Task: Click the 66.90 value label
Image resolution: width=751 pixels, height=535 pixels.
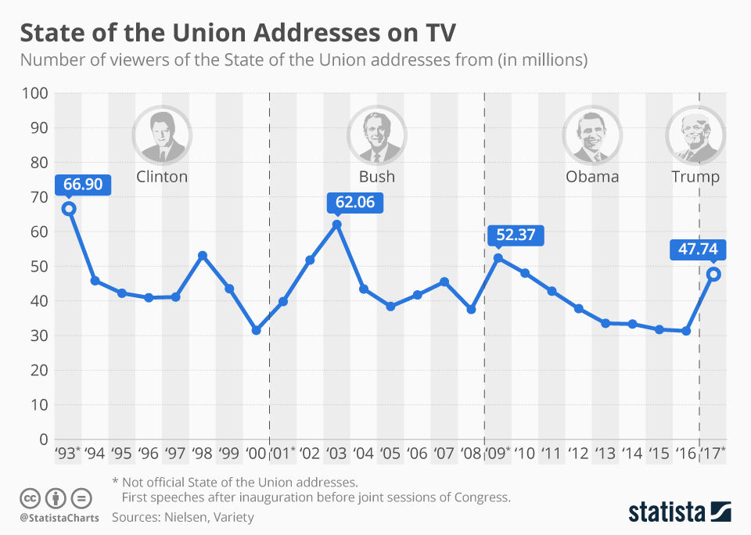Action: click(x=84, y=184)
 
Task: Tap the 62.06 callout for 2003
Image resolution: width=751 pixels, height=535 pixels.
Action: click(x=355, y=203)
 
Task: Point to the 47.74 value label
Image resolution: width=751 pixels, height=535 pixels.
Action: click(x=698, y=250)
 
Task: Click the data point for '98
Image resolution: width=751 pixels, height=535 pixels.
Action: click(x=203, y=256)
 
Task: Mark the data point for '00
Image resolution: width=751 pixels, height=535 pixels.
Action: click(x=256, y=330)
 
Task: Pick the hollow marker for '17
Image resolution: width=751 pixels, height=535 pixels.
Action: click(x=713, y=275)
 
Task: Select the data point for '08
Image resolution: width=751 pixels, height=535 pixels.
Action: click(x=471, y=310)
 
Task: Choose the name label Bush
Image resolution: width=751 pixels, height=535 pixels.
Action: click(x=376, y=177)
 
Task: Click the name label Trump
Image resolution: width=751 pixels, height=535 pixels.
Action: click(x=695, y=177)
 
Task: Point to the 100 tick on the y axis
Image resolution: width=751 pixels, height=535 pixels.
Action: click(x=36, y=94)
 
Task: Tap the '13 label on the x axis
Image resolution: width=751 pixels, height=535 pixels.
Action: click(x=605, y=453)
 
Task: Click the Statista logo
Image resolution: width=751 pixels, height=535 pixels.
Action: click(x=679, y=512)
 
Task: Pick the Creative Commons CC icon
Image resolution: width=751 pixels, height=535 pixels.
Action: click(x=30, y=497)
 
